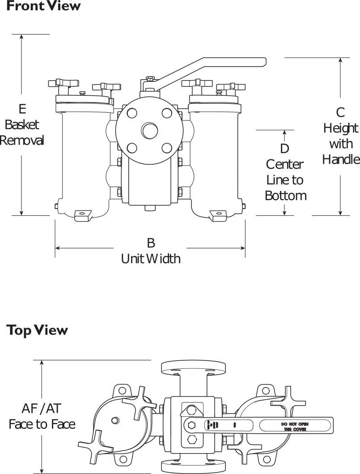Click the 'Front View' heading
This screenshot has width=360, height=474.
[43, 6]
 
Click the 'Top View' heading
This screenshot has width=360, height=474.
[37, 330]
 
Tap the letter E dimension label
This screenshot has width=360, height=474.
[22, 109]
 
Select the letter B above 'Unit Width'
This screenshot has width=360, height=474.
[151, 243]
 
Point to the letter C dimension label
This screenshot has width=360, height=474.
[341, 112]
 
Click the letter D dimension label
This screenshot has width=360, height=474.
[284, 148]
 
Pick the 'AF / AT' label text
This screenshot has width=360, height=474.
[42, 408]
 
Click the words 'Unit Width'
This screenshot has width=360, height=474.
[151, 259]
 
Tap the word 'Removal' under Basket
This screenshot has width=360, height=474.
[22, 140]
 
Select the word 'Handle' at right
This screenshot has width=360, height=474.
[341, 159]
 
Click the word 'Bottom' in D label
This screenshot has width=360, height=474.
[285, 196]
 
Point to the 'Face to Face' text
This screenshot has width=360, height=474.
[42, 424]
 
